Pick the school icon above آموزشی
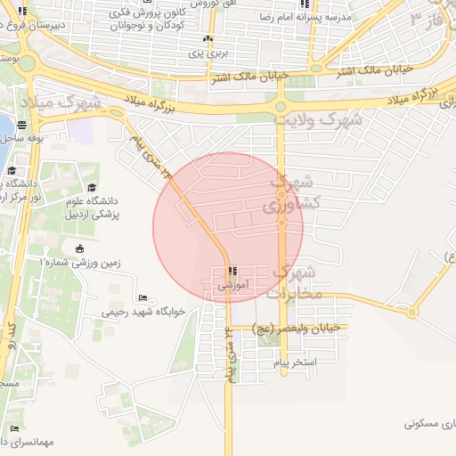point(232,272)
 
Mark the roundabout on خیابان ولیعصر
point(411,312)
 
